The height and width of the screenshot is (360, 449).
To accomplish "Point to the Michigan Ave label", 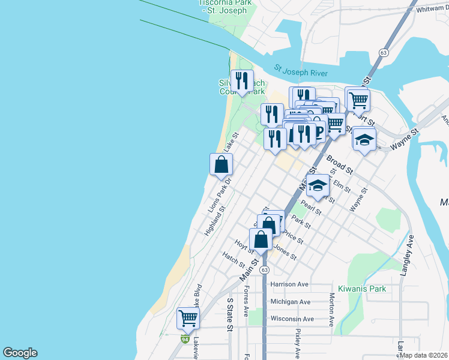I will tap(291, 302).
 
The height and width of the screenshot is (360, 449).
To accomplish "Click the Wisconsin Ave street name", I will tap(292, 319).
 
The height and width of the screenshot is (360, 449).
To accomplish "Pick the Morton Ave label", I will tap(331, 309).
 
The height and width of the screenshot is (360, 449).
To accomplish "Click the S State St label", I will tap(229, 314).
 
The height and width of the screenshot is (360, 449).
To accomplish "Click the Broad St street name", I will tap(339, 165).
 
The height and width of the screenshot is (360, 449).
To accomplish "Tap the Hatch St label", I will tap(234, 260).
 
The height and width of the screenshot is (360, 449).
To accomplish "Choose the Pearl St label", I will tap(312, 208).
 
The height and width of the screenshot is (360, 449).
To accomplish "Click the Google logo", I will tap(20, 353).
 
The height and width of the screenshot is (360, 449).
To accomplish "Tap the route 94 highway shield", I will tap(185, 339).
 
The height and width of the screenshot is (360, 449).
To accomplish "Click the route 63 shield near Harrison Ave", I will tap(264, 270).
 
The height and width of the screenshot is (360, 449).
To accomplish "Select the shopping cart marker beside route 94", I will tap(188, 319).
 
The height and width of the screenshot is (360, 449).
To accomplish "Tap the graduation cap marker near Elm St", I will tap(318, 185).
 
